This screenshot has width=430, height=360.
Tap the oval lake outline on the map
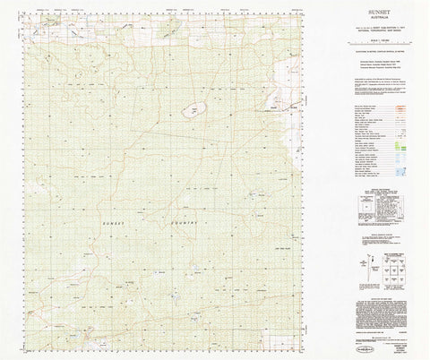(191, 112)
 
